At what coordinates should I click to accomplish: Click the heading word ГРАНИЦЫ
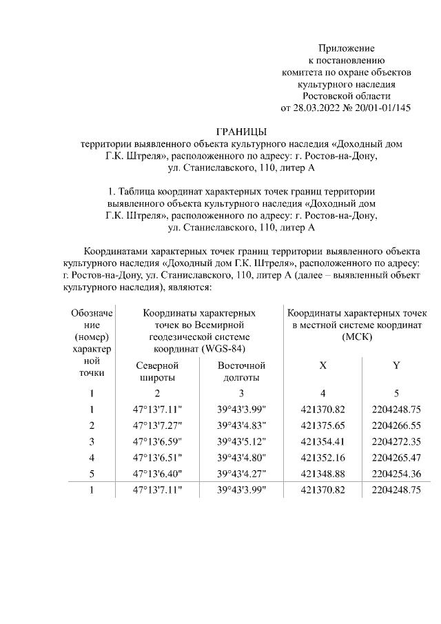(240, 132)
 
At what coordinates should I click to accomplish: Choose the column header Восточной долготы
(240, 371)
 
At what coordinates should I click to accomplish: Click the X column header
(322, 365)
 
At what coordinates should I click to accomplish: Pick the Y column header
(396, 365)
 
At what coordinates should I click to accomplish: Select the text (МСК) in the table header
(356, 336)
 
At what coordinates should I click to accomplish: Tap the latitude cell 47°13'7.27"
(156, 425)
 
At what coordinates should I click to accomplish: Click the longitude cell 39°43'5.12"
(241, 441)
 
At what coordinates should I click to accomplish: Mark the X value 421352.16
(322, 458)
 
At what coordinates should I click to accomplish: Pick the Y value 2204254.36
(396, 474)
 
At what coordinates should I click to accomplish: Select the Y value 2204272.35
(396, 441)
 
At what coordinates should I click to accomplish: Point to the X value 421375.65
(322, 425)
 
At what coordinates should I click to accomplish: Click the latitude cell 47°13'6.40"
(156, 474)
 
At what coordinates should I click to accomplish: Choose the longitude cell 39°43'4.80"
(241, 458)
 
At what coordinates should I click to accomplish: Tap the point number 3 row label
(91, 441)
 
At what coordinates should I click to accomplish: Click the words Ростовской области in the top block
(346, 96)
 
